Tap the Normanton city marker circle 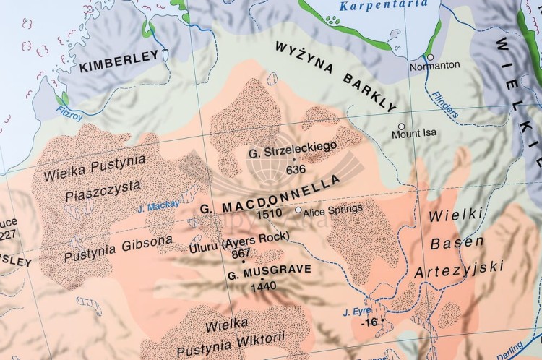click(x=430, y=57)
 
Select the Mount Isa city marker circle click(x=401, y=127)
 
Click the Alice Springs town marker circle click(x=298, y=210)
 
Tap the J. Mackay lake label click(x=158, y=207)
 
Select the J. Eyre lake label click(x=356, y=312)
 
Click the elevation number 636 click(x=296, y=169)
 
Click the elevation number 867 click(x=241, y=253)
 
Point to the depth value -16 click(x=369, y=322)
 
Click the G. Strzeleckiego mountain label click(x=293, y=153)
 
